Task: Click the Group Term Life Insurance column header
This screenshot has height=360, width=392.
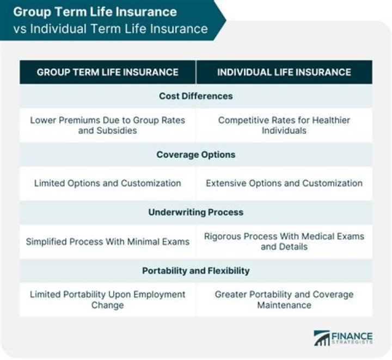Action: pyautogui.click(x=107, y=72)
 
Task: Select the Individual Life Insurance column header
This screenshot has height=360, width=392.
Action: pyautogui.click(x=284, y=72)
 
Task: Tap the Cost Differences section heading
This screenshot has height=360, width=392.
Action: pyautogui.click(x=196, y=96)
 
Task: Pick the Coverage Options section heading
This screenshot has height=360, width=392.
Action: pyautogui.click(x=196, y=154)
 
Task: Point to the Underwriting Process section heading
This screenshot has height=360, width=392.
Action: pyautogui.click(x=196, y=212)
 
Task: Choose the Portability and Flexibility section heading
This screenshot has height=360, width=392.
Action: pyautogui.click(x=196, y=270)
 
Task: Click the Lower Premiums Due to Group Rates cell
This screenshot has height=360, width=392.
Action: pyautogui.click(x=107, y=125)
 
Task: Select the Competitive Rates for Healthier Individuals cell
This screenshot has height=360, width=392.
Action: pyautogui.click(x=284, y=125)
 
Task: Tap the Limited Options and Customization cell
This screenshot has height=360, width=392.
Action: pyautogui.click(x=107, y=183)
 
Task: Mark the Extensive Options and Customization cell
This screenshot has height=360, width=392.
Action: pyautogui.click(x=284, y=183)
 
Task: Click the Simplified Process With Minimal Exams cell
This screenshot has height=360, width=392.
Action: pyautogui.click(x=107, y=241)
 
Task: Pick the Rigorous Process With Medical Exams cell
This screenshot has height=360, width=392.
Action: pyautogui.click(x=284, y=241)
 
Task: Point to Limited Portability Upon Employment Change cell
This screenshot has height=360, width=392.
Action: pyautogui.click(x=107, y=299)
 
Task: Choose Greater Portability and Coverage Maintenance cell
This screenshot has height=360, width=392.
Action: pyautogui.click(x=284, y=299)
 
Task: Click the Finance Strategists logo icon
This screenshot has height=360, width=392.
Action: pyautogui.click(x=321, y=338)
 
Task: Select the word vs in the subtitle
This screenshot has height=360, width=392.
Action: pyautogui.click(x=20, y=28)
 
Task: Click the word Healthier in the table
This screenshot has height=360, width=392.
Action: pyautogui.click(x=325, y=120)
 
